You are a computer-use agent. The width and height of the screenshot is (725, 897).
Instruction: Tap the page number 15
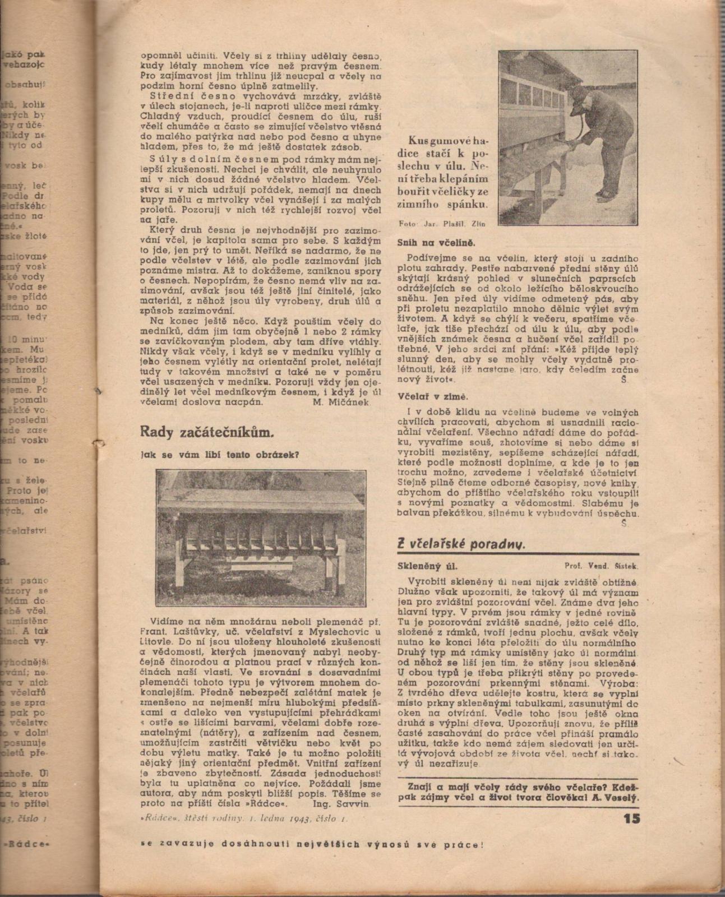631,819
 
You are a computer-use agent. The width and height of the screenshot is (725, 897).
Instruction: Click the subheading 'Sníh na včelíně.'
436,243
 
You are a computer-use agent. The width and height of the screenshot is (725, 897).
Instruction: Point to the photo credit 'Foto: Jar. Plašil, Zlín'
443,224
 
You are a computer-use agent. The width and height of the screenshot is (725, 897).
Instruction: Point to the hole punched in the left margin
101,445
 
